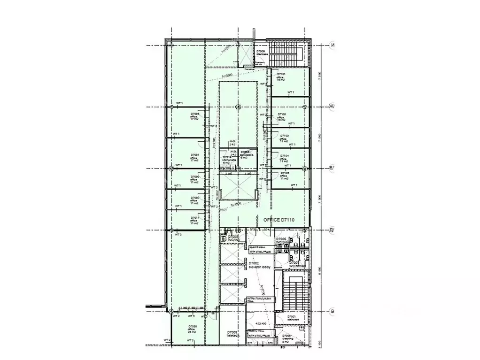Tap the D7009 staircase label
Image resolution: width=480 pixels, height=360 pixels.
coord(261,53)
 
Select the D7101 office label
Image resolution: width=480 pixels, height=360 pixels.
coord(281,77)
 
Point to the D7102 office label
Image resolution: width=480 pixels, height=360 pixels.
coord(282,117)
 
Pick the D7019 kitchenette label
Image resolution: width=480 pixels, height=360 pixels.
coord(229,160)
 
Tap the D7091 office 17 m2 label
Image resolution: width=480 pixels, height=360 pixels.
coord(195,157)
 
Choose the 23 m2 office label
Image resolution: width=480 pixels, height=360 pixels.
coord(193,329)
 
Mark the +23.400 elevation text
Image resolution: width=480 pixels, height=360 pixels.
coord(261,323)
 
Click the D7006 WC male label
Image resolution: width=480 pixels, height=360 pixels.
coord(282,241)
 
